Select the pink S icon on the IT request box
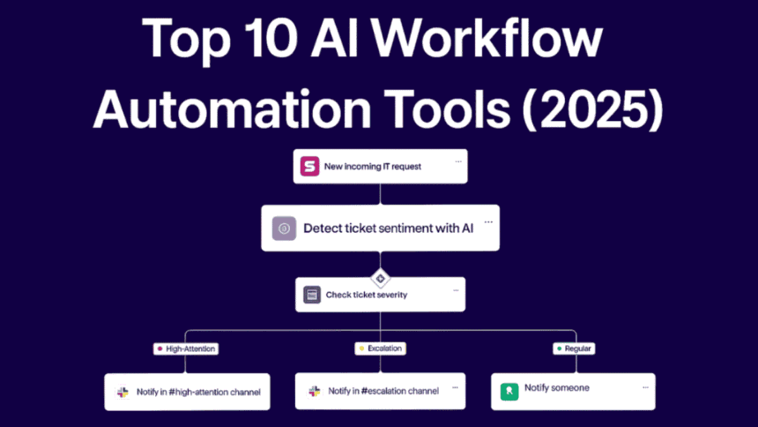click(x=309, y=166)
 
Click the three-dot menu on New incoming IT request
click(x=457, y=162)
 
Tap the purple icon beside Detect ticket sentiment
click(x=284, y=228)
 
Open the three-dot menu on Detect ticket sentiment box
click(x=488, y=222)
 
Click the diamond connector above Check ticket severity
click(x=380, y=278)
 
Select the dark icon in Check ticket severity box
click(x=312, y=295)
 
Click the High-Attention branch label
click(x=185, y=348)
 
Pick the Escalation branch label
click(x=380, y=348)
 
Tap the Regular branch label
click(x=574, y=348)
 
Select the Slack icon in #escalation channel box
click(x=314, y=391)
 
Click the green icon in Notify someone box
click(x=509, y=391)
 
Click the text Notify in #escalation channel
click(x=383, y=391)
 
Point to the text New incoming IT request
click(x=372, y=166)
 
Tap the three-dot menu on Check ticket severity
click(x=456, y=290)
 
